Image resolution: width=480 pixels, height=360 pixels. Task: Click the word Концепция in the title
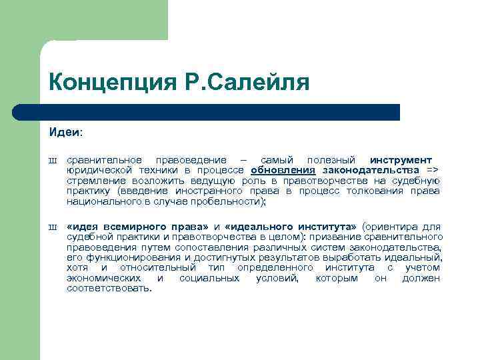(110, 83)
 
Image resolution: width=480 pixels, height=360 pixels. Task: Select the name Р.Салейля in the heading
(243, 83)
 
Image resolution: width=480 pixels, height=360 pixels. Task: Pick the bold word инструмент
(401, 160)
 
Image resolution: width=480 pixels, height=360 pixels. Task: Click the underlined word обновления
(283, 170)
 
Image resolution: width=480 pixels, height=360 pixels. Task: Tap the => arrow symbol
(433, 170)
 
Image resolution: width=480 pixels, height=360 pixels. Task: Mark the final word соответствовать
(109, 288)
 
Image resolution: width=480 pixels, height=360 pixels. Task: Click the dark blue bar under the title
(220, 112)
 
